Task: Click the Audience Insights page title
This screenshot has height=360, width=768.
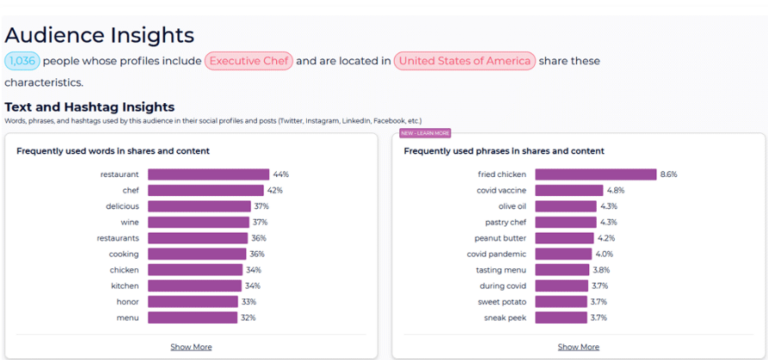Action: pyautogui.click(x=99, y=35)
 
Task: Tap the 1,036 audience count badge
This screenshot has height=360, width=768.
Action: pyautogui.click(x=22, y=61)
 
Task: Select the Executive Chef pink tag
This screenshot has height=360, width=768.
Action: pyautogui.click(x=248, y=61)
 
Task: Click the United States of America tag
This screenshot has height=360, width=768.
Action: pyautogui.click(x=464, y=61)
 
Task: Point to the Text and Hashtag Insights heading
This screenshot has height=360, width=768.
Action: pyautogui.click(x=90, y=107)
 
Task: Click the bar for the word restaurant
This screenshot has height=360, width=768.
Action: pyautogui.click(x=208, y=174)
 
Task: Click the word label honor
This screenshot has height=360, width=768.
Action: pyautogui.click(x=127, y=302)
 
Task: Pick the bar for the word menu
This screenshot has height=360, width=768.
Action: pyautogui.click(x=192, y=318)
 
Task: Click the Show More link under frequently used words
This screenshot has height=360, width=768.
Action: pyautogui.click(x=190, y=347)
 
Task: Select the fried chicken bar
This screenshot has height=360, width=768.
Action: pyautogui.click(x=595, y=174)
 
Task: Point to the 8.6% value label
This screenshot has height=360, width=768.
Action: pyautogui.click(x=669, y=174)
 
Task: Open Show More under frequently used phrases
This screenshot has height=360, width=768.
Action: pyautogui.click(x=578, y=347)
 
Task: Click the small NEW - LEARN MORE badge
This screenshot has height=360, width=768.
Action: pyautogui.click(x=425, y=132)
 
